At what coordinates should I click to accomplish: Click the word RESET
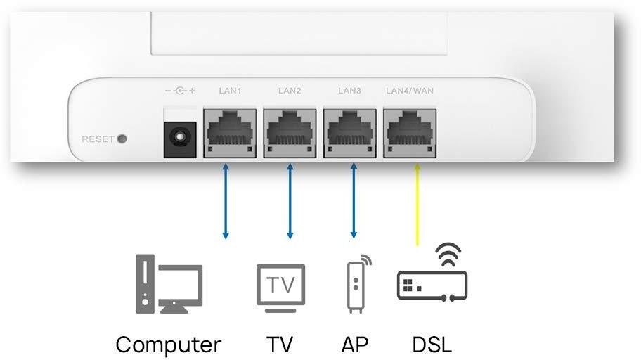tap(97, 139)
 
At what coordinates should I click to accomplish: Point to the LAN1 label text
tap(230, 91)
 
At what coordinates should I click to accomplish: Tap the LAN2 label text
tap(290, 91)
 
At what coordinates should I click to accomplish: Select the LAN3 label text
tap(349, 91)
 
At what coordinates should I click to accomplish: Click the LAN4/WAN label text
tap(410, 91)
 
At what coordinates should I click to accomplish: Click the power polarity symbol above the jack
tap(179, 91)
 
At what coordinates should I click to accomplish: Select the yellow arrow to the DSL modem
tap(417, 204)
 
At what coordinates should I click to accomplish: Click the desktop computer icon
tap(168, 284)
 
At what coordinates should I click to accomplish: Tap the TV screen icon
tap(280, 287)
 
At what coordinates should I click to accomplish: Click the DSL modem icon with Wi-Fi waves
tap(432, 274)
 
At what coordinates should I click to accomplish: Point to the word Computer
tap(168, 345)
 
